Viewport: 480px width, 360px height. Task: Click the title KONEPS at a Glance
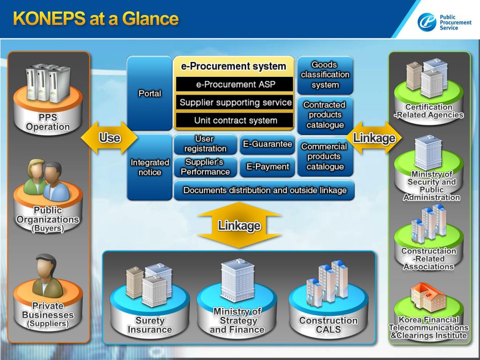click(x=96, y=19)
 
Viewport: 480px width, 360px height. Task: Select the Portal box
click(x=150, y=93)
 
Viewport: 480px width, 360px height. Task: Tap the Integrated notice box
click(x=150, y=167)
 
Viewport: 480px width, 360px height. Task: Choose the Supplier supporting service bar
click(x=235, y=103)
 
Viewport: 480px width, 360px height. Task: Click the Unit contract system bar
click(x=235, y=120)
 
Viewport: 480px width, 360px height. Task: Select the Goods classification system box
click(x=325, y=75)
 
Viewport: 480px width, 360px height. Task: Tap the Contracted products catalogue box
click(x=325, y=115)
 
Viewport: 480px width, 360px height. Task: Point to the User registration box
click(x=205, y=144)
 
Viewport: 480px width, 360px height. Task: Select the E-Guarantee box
click(x=267, y=144)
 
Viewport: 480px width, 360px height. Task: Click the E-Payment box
click(x=267, y=167)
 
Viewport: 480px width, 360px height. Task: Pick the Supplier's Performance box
click(x=205, y=167)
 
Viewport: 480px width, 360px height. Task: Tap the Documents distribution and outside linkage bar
click(x=264, y=190)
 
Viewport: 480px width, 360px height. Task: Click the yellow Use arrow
click(x=109, y=138)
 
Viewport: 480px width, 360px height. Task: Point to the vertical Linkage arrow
click(x=239, y=225)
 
